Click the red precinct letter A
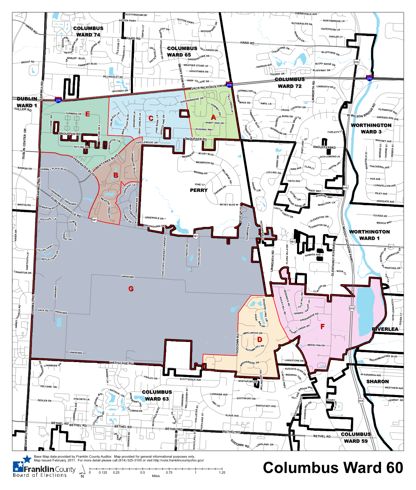[x=213, y=117]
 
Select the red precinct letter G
[x=131, y=289]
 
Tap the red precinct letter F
[x=323, y=327]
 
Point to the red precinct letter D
[x=260, y=339]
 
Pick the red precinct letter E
[x=87, y=114]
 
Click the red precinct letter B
[x=116, y=175]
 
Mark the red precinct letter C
[x=151, y=118]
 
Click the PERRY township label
[x=198, y=190]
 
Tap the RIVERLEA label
[x=385, y=329]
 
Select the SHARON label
[x=377, y=381]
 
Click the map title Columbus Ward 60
[x=333, y=468]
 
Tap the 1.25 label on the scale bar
[x=222, y=472]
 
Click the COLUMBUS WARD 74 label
[x=88, y=32]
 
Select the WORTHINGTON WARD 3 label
[x=371, y=128]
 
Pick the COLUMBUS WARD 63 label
[x=157, y=395]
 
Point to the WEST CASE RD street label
[x=121, y=363]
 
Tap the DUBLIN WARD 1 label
[x=27, y=102]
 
